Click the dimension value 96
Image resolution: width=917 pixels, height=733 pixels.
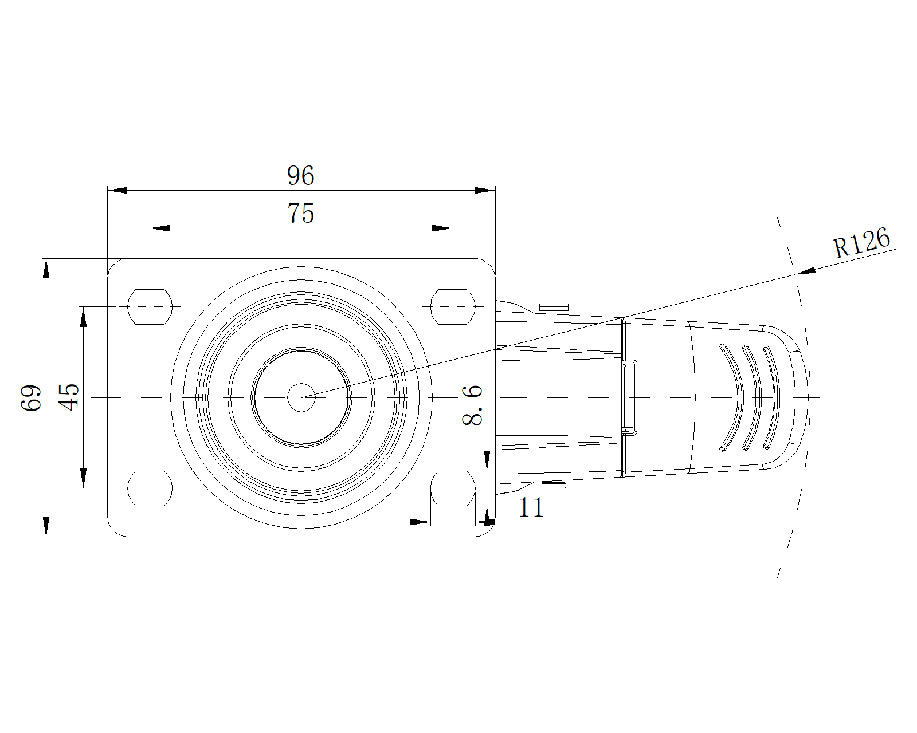(x=301, y=175)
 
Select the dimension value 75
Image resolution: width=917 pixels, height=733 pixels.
(x=301, y=213)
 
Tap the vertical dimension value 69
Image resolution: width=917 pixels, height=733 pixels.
(x=31, y=398)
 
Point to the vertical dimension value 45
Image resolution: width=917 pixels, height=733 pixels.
(x=69, y=397)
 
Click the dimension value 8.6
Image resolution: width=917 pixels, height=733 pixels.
(x=472, y=405)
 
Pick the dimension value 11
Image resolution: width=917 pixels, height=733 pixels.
(x=531, y=507)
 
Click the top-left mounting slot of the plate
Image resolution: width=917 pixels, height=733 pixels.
(x=150, y=307)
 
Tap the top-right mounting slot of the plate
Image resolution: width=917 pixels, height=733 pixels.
(x=453, y=307)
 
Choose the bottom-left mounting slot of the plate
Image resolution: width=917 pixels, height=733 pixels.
(x=150, y=488)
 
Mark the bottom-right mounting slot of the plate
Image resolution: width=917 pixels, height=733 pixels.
(x=453, y=488)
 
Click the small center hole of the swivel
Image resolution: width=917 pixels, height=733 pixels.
(x=301, y=397)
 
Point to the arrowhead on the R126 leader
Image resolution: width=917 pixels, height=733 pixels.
(x=806, y=271)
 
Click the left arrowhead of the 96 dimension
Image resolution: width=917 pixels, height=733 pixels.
(x=117, y=190)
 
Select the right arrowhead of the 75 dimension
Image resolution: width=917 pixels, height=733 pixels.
(x=442, y=228)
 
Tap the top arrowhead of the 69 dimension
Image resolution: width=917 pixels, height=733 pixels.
(x=46, y=269)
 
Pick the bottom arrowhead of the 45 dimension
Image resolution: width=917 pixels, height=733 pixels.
(x=83, y=478)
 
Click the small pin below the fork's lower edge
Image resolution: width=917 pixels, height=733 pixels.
(x=554, y=484)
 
